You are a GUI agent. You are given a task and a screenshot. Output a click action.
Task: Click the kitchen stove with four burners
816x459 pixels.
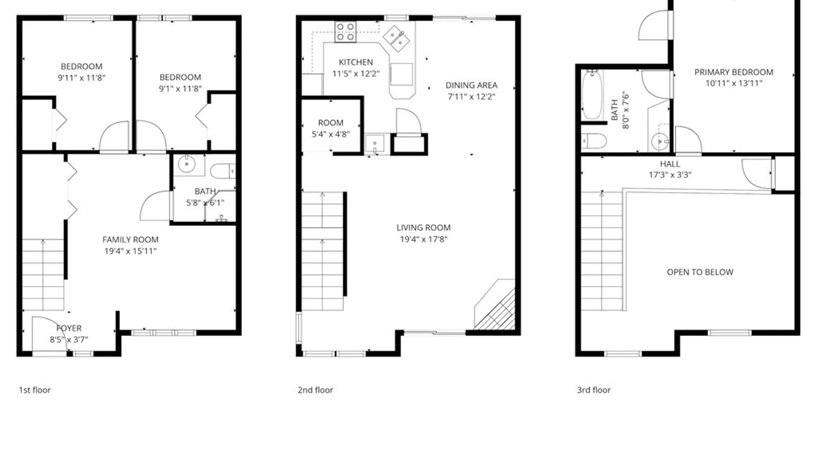click(345, 32)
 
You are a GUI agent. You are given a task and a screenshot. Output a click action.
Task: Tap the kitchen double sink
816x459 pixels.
click(396, 39)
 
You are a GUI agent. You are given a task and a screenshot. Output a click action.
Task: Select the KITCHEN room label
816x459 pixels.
click(356, 62)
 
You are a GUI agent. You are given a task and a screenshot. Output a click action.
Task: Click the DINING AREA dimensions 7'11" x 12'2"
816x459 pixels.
click(471, 97)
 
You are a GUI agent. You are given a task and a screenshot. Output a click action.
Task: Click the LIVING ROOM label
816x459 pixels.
click(423, 228)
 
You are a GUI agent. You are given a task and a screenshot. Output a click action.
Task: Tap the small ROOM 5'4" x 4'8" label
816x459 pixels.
click(331, 128)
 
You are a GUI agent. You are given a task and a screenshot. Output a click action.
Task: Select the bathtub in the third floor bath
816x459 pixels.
click(592, 95)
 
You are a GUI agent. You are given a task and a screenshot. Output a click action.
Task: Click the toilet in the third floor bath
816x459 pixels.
click(594, 141)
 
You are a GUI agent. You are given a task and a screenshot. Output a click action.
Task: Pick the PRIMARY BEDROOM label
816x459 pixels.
click(734, 72)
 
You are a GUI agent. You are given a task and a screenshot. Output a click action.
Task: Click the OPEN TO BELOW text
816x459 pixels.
click(700, 272)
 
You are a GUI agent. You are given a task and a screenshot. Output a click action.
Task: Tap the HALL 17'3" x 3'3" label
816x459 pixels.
click(670, 169)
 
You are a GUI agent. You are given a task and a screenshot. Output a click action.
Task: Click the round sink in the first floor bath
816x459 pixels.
click(186, 164)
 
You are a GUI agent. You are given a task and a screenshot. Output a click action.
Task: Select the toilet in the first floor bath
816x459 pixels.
click(222, 171)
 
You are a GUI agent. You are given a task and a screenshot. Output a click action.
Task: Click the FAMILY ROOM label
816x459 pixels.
click(130, 240)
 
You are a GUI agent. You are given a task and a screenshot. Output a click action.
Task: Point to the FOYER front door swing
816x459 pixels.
click(48, 334)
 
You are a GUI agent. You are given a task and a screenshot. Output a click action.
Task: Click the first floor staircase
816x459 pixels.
click(43, 274)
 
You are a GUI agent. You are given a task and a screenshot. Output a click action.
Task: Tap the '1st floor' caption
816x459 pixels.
click(34, 390)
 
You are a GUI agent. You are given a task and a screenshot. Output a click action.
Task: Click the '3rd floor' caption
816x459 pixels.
click(593, 390)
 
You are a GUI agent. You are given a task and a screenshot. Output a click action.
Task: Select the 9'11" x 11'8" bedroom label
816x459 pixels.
click(82, 72)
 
